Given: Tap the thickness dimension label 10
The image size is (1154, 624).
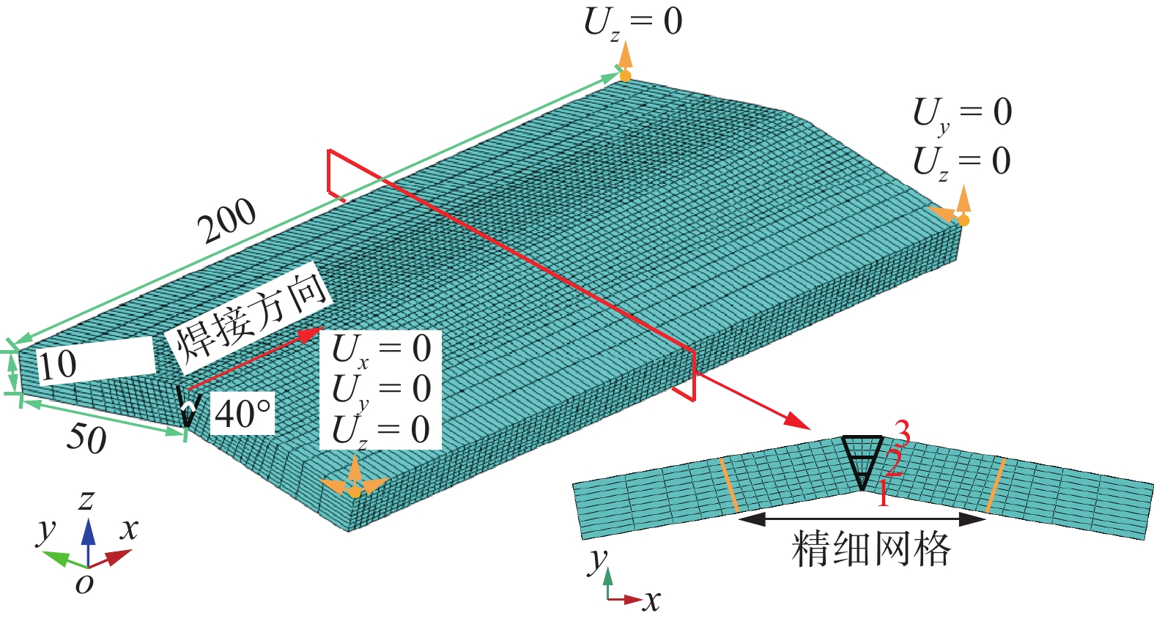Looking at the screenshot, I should pyautogui.click(x=58, y=364).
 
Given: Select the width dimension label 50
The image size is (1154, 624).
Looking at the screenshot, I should pyautogui.click(x=86, y=437).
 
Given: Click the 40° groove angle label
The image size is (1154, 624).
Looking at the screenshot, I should pyautogui.click(x=243, y=414).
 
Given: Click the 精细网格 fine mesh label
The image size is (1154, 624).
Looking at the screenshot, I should pyautogui.click(x=870, y=549).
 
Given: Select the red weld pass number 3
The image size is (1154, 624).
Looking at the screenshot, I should pyautogui.click(x=902, y=435).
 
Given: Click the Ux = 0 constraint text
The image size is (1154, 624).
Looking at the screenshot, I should pyautogui.click(x=381, y=350).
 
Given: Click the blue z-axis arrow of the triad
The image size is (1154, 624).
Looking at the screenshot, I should pyautogui.click(x=89, y=538).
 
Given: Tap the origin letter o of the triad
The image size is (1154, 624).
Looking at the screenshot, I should pyautogui.click(x=84, y=584).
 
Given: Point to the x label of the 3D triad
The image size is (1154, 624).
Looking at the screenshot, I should pyautogui.click(x=129, y=529).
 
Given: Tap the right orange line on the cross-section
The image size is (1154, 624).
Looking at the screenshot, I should pyautogui.click(x=995, y=485).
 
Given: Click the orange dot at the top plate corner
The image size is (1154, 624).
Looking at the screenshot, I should pyautogui.click(x=625, y=75).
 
